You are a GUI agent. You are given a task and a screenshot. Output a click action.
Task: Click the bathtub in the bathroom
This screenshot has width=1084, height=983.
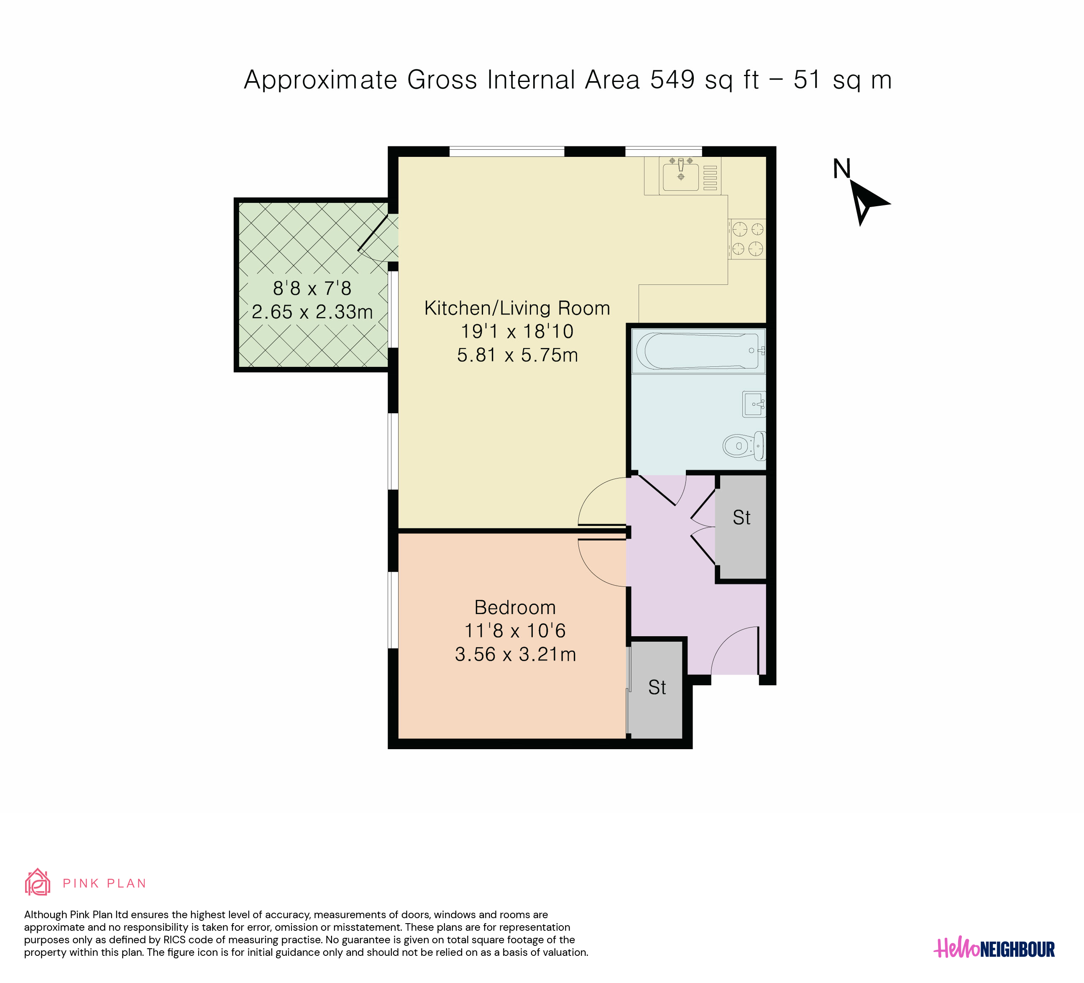point(699,351)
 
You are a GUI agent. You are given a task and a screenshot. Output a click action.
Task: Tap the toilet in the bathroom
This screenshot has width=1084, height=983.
point(744,446)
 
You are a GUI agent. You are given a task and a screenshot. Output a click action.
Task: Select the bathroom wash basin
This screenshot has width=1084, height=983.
point(754,404)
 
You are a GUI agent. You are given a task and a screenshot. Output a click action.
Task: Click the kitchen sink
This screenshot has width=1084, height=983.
point(681,175)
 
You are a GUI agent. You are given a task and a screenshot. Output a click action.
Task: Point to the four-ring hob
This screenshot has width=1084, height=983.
point(748,239)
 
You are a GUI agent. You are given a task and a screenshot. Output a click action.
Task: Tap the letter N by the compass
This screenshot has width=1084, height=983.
point(841,169)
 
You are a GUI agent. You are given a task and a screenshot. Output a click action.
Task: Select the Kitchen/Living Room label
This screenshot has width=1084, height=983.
point(517,308)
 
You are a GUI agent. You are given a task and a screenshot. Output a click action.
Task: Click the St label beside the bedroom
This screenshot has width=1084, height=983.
point(657,687)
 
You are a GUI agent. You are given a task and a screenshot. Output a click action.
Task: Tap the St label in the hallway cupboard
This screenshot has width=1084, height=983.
point(741,517)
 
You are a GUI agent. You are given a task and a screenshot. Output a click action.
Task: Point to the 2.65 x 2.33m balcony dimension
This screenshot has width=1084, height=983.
point(312,312)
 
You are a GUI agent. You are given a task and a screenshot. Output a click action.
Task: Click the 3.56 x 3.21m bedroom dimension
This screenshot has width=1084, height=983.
point(516,655)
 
